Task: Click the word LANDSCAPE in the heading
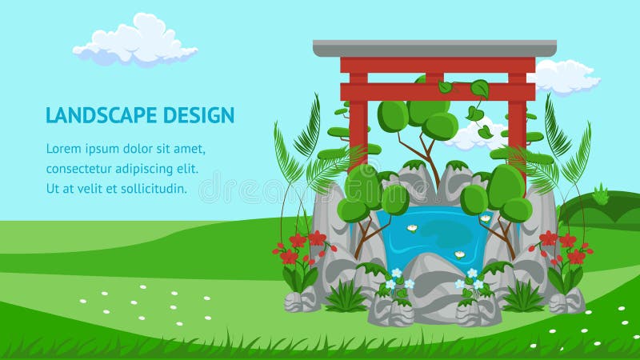tap(102, 114)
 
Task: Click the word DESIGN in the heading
tap(199, 114)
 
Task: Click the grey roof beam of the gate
tap(434, 49)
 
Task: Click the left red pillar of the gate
tap(358, 122)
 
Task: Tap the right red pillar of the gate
tap(517, 122)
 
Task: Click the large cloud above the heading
tap(134, 40)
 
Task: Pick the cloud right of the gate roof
tap(566, 77)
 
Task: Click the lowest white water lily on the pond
tap(460, 254)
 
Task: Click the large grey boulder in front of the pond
tap(434, 288)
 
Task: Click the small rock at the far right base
tap(568, 302)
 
